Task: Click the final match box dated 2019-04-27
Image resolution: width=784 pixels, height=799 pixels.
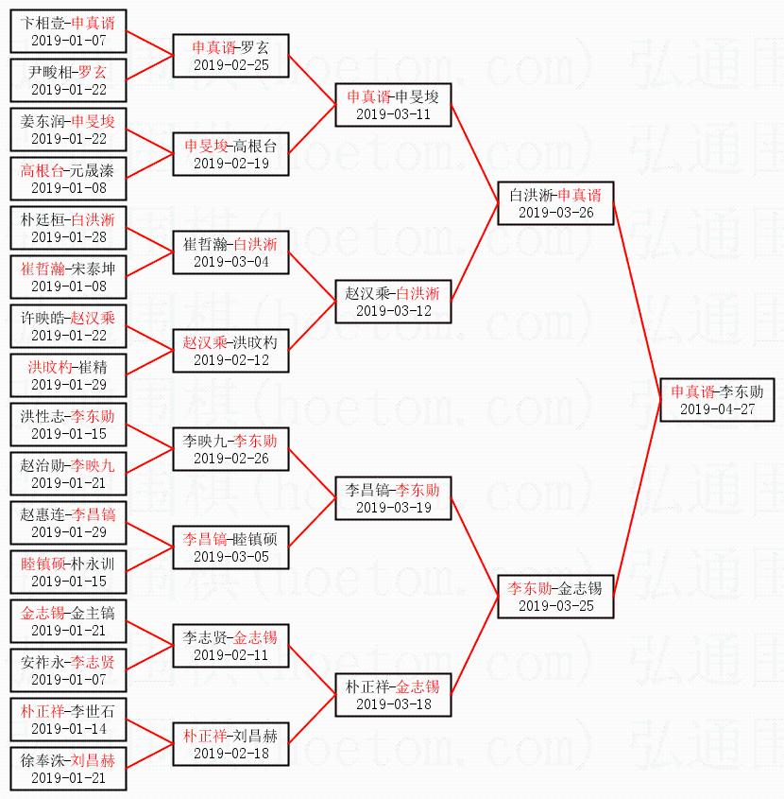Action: pos(717,399)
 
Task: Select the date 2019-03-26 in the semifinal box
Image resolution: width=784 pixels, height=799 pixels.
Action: pos(556,213)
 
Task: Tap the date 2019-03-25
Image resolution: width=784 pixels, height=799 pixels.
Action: pos(556,606)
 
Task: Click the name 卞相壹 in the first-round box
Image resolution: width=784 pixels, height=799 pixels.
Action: pos(44,23)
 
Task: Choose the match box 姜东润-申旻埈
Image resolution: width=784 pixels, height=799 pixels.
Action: pos(69,130)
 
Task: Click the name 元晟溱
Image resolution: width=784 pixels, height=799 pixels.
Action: pos(93,170)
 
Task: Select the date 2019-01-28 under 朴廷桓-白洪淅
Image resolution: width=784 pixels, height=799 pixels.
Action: pos(69,237)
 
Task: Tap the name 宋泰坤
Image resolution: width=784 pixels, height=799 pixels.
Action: pos(93,269)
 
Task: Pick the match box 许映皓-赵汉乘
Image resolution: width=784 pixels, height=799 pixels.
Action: pos(69,326)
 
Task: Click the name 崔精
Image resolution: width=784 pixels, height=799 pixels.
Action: pos(93,367)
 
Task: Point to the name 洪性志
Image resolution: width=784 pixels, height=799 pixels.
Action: pos(44,416)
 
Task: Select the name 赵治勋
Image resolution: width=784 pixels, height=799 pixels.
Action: pos(44,465)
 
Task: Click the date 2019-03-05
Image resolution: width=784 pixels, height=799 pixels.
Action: pos(230,557)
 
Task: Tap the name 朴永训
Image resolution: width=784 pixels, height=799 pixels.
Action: pos(93,564)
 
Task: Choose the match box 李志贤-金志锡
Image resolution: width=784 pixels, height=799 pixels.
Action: pos(230,645)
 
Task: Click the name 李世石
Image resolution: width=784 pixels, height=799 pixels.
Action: pos(93,711)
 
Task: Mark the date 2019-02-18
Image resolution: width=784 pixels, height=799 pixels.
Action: pos(230,754)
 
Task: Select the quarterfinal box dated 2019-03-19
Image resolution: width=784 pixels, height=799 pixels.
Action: pos(393,498)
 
